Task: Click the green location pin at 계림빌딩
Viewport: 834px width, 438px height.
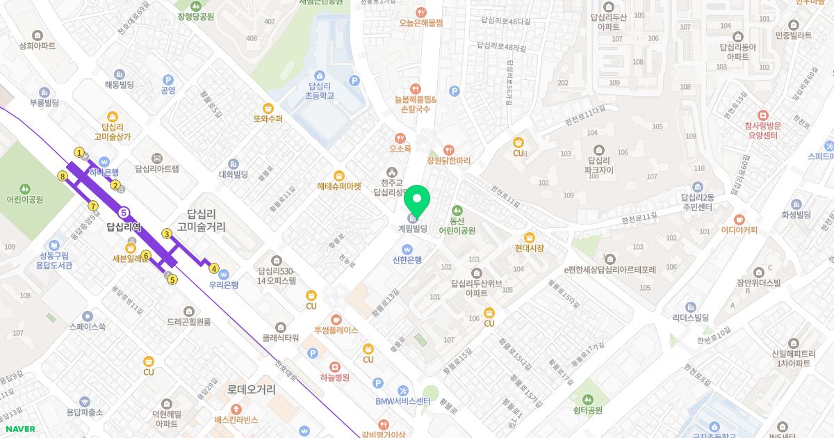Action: click(x=417, y=202)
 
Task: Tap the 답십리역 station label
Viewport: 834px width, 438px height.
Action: click(x=124, y=227)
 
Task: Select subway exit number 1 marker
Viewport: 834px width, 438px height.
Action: click(x=79, y=152)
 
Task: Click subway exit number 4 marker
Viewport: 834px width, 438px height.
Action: click(x=214, y=269)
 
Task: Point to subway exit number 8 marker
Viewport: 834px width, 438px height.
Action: click(x=63, y=177)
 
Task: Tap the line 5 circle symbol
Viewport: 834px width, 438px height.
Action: click(x=124, y=213)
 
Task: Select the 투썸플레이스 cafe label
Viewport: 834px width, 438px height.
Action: click(x=336, y=330)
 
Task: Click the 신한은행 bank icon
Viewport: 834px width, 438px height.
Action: click(x=407, y=249)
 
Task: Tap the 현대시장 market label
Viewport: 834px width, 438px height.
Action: click(x=530, y=248)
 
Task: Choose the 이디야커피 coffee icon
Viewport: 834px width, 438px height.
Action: click(x=739, y=219)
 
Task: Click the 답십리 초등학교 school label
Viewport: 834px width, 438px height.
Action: click(x=320, y=90)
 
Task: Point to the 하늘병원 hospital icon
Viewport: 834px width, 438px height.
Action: click(x=335, y=366)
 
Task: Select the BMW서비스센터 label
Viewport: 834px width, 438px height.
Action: click(x=403, y=401)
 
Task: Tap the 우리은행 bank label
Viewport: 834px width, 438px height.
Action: click(x=224, y=285)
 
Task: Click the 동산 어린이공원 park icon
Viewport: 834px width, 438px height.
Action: click(x=457, y=210)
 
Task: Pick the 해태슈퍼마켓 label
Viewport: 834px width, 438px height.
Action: click(x=339, y=186)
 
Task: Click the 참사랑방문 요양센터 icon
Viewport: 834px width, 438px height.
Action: click(x=762, y=115)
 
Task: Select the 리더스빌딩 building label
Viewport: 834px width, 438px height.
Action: click(x=690, y=318)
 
